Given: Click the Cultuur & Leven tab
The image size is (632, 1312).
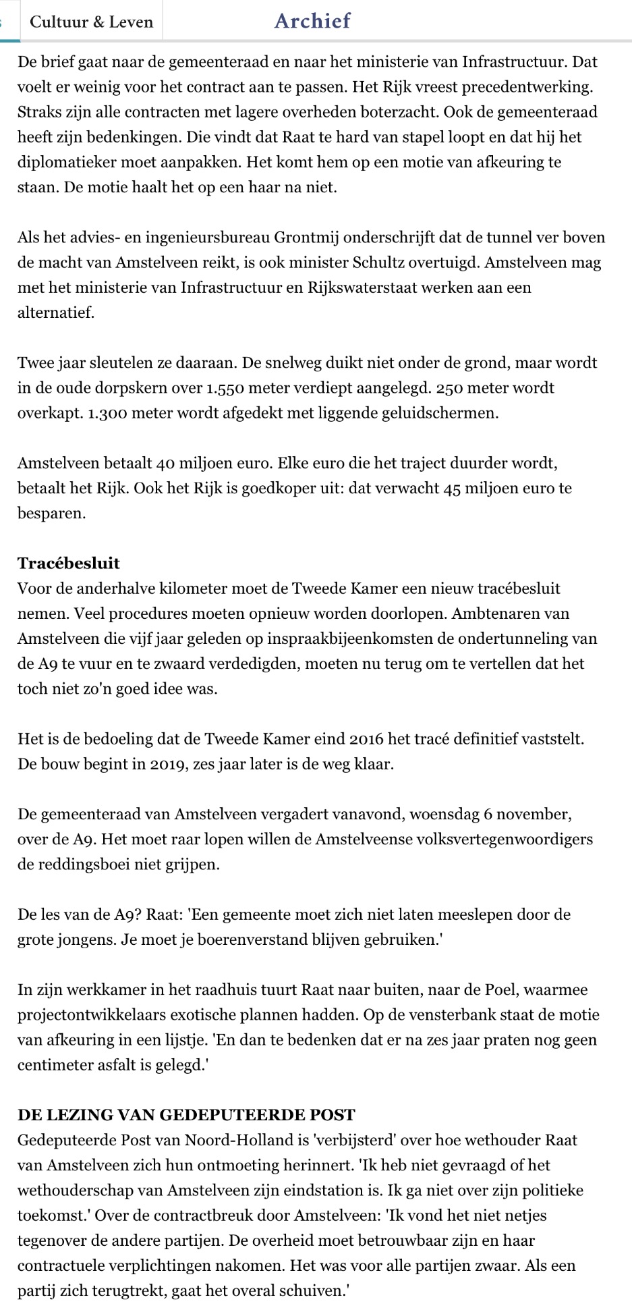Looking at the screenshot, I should [x=92, y=22].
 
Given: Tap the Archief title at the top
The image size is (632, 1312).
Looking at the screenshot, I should [x=312, y=21].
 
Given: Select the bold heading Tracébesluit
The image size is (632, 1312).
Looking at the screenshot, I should [x=69, y=563].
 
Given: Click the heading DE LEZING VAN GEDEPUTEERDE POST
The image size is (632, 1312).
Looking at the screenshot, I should [x=186, y=1114].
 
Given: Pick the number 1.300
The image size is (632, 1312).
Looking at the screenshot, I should [x=110, y=413].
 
